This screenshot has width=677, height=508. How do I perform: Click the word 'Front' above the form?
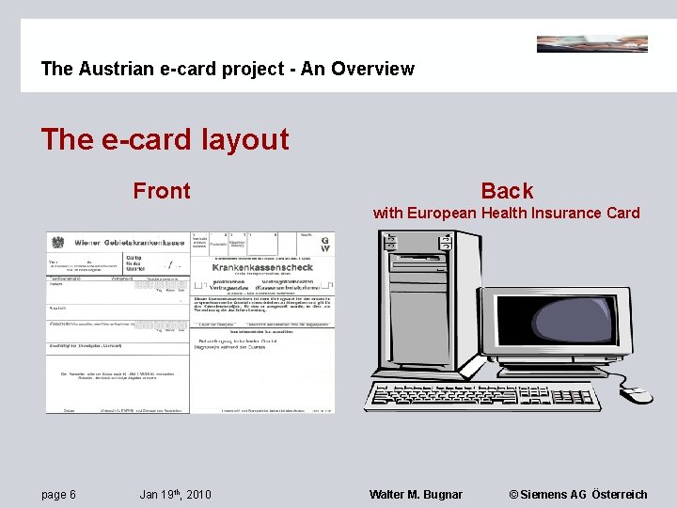click(x=162, y=191)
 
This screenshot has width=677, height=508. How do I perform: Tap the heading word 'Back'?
click(x=507, y=191)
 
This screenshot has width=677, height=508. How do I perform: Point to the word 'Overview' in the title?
click(x=377, y=69)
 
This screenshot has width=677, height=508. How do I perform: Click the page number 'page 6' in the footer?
click(x=58, y=495)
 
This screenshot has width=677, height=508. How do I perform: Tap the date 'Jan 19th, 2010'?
click(x=175, y=495)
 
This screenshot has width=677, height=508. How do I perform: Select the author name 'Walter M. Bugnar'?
click(x=416, y=495)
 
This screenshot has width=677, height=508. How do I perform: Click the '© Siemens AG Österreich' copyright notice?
click(x=577, y=495)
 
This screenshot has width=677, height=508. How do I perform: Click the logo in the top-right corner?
click(x=591, y=43)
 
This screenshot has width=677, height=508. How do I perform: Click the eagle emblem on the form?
click(x=55, y=242)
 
